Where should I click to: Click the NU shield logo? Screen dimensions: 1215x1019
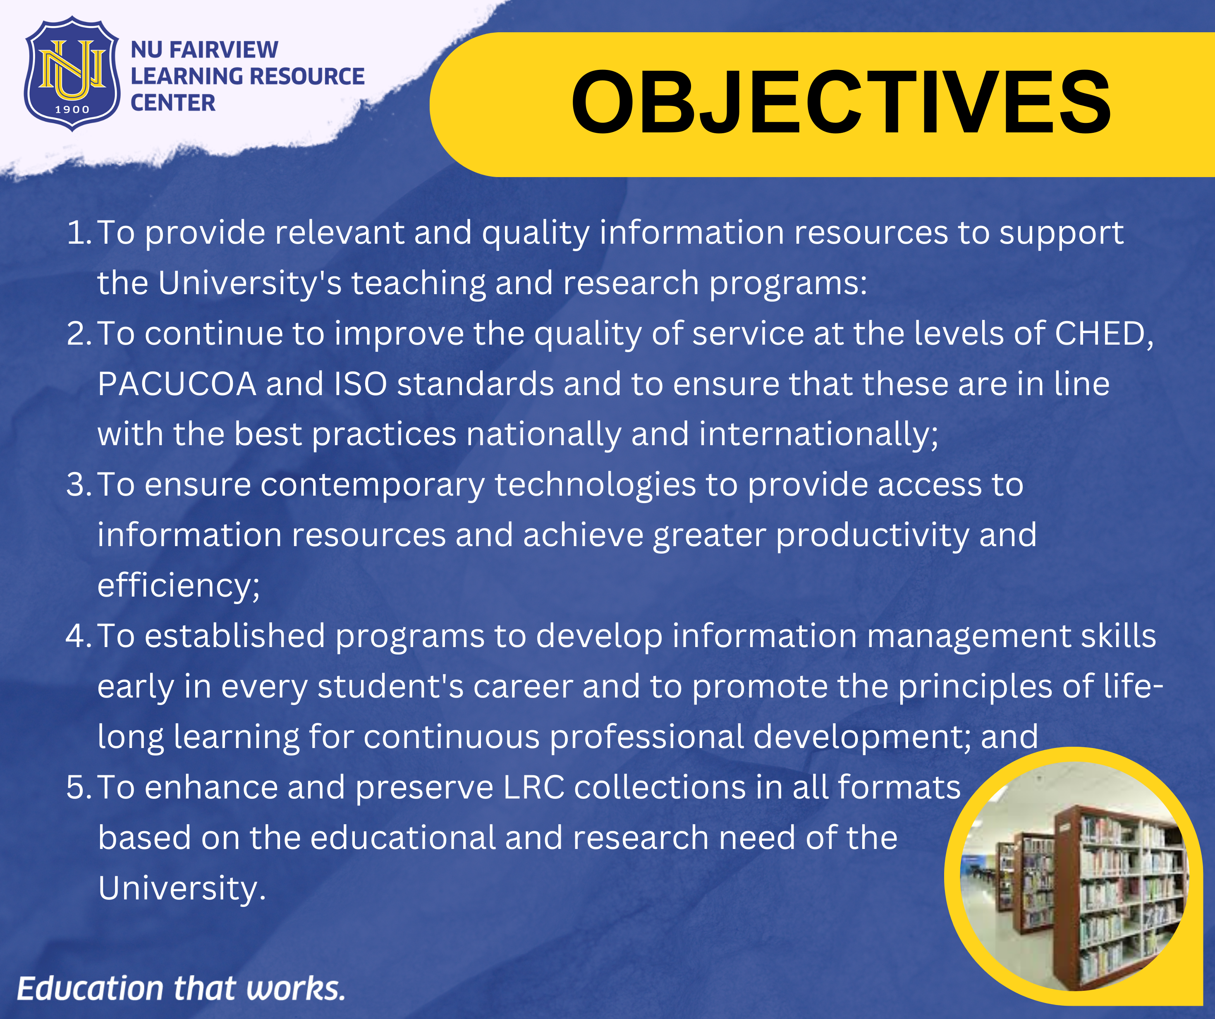(x=72, y=74)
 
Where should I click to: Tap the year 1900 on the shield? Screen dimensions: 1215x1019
(x=72, y=109)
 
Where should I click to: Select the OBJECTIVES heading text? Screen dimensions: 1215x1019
(x=841, y=103)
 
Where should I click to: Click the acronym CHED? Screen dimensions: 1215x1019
(x=1103, y=334)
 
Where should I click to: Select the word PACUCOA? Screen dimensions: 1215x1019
(x=177, y=384)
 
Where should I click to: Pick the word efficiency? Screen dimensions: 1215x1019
(x=179, y=586)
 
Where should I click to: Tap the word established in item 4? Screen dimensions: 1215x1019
(x=235, y=636)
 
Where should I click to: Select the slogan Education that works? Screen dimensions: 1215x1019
(x=181, y=988)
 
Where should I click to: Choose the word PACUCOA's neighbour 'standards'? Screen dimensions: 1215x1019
(x=476, y=384)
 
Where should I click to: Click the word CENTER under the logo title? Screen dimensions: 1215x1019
(x=173, y=103)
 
